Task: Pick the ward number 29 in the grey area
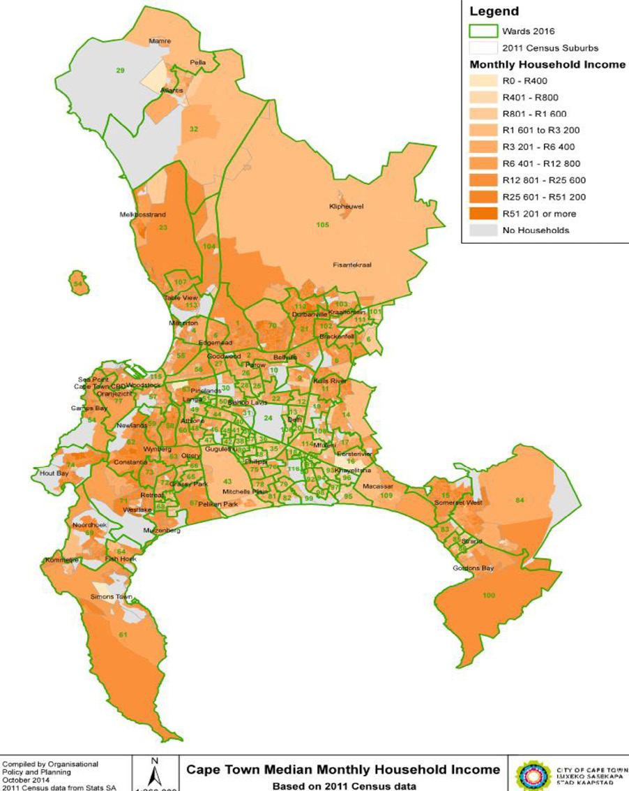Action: point(120,71)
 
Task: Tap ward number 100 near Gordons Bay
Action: point(488,594)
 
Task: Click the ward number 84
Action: point(538,500)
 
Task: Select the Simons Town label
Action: point(111,598)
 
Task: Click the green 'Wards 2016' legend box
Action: point(483,31)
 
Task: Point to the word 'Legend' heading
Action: point(494,12)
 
